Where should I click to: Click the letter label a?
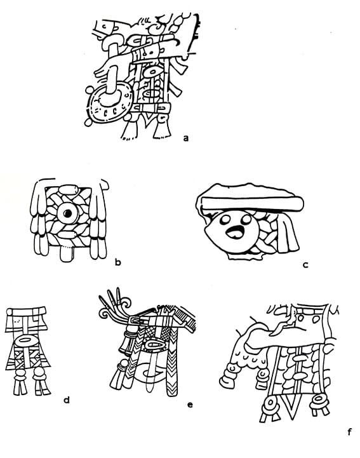[185, 138]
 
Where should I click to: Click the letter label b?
[117, 262]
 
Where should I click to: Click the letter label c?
[305, 265]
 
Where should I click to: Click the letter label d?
[67, 400]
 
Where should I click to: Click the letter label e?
[190, 405]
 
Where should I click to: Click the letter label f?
[349, 431]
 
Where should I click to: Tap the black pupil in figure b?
[68, 213]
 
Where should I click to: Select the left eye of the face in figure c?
[225, 220]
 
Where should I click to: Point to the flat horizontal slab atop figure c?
[253, 203]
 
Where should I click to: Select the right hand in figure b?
[98, 219]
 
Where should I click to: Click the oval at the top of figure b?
[69, 189]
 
